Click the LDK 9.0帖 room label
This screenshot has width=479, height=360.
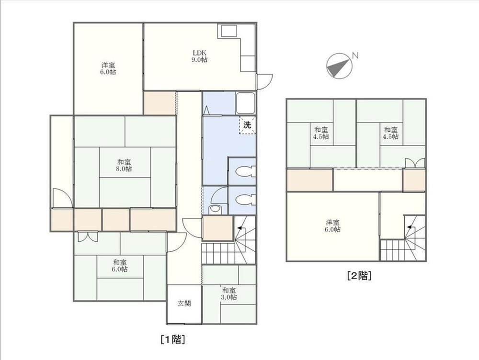point(199,56)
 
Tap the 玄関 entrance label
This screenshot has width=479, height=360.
point(184,304)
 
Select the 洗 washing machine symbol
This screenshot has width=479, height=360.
point(247,125)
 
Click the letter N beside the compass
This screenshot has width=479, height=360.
point(355,55)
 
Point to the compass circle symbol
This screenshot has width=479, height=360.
point(339,66)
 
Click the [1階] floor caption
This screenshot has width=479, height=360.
point(172,339)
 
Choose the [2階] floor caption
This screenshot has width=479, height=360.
point(359,276)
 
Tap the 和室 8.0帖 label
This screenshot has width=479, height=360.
point(124,165)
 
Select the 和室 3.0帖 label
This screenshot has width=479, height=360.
point(229,294)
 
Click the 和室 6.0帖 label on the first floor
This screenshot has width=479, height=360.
point(120,266)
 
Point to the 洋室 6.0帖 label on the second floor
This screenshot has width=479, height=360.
point(332,226)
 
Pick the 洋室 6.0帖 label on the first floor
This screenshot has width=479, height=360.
point(108,69)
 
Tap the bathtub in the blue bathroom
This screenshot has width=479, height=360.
point(246,103)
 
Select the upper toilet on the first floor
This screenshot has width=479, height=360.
point(245,171)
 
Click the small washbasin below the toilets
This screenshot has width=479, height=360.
point(215,210)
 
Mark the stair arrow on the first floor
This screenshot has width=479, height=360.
point(241,228)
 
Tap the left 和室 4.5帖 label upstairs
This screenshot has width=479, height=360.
point(320,133)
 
